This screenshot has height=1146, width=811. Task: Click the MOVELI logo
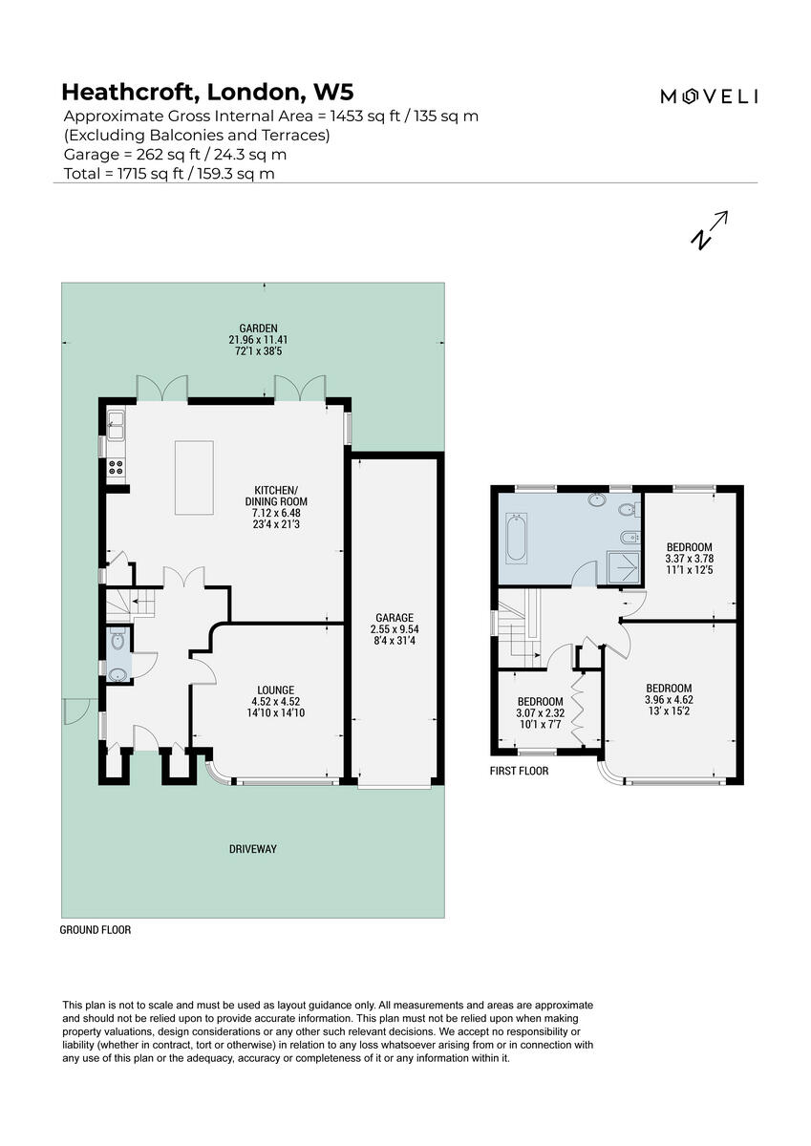(710, 95)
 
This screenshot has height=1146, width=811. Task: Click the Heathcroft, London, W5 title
(207, 92)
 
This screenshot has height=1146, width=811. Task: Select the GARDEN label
(252, 328)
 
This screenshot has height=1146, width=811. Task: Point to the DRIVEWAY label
(252, 848)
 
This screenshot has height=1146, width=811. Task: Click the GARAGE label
(393, 618)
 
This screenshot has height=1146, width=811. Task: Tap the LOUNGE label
(275, 690)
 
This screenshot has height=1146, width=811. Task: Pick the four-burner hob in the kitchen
(116, 468)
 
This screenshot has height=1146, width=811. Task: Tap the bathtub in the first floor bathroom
(515, 538)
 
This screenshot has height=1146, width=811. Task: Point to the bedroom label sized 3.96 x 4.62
(669, 688)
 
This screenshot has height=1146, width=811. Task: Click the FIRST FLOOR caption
(519, 771)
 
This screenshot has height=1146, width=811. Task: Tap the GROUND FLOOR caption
(96, 929)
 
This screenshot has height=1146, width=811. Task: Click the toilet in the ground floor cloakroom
(117, 641)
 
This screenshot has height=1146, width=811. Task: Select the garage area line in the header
(175, 154)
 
